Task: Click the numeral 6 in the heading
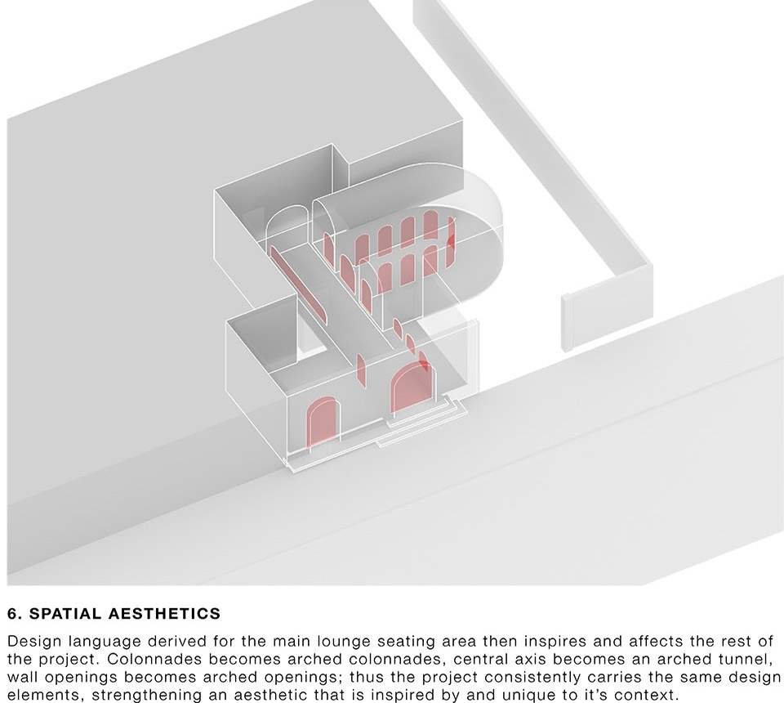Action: [x=12, y=614]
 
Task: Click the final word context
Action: [x=647, y=696]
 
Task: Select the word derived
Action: [x=158, y=641]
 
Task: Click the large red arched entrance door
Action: [x=409, y=387]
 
